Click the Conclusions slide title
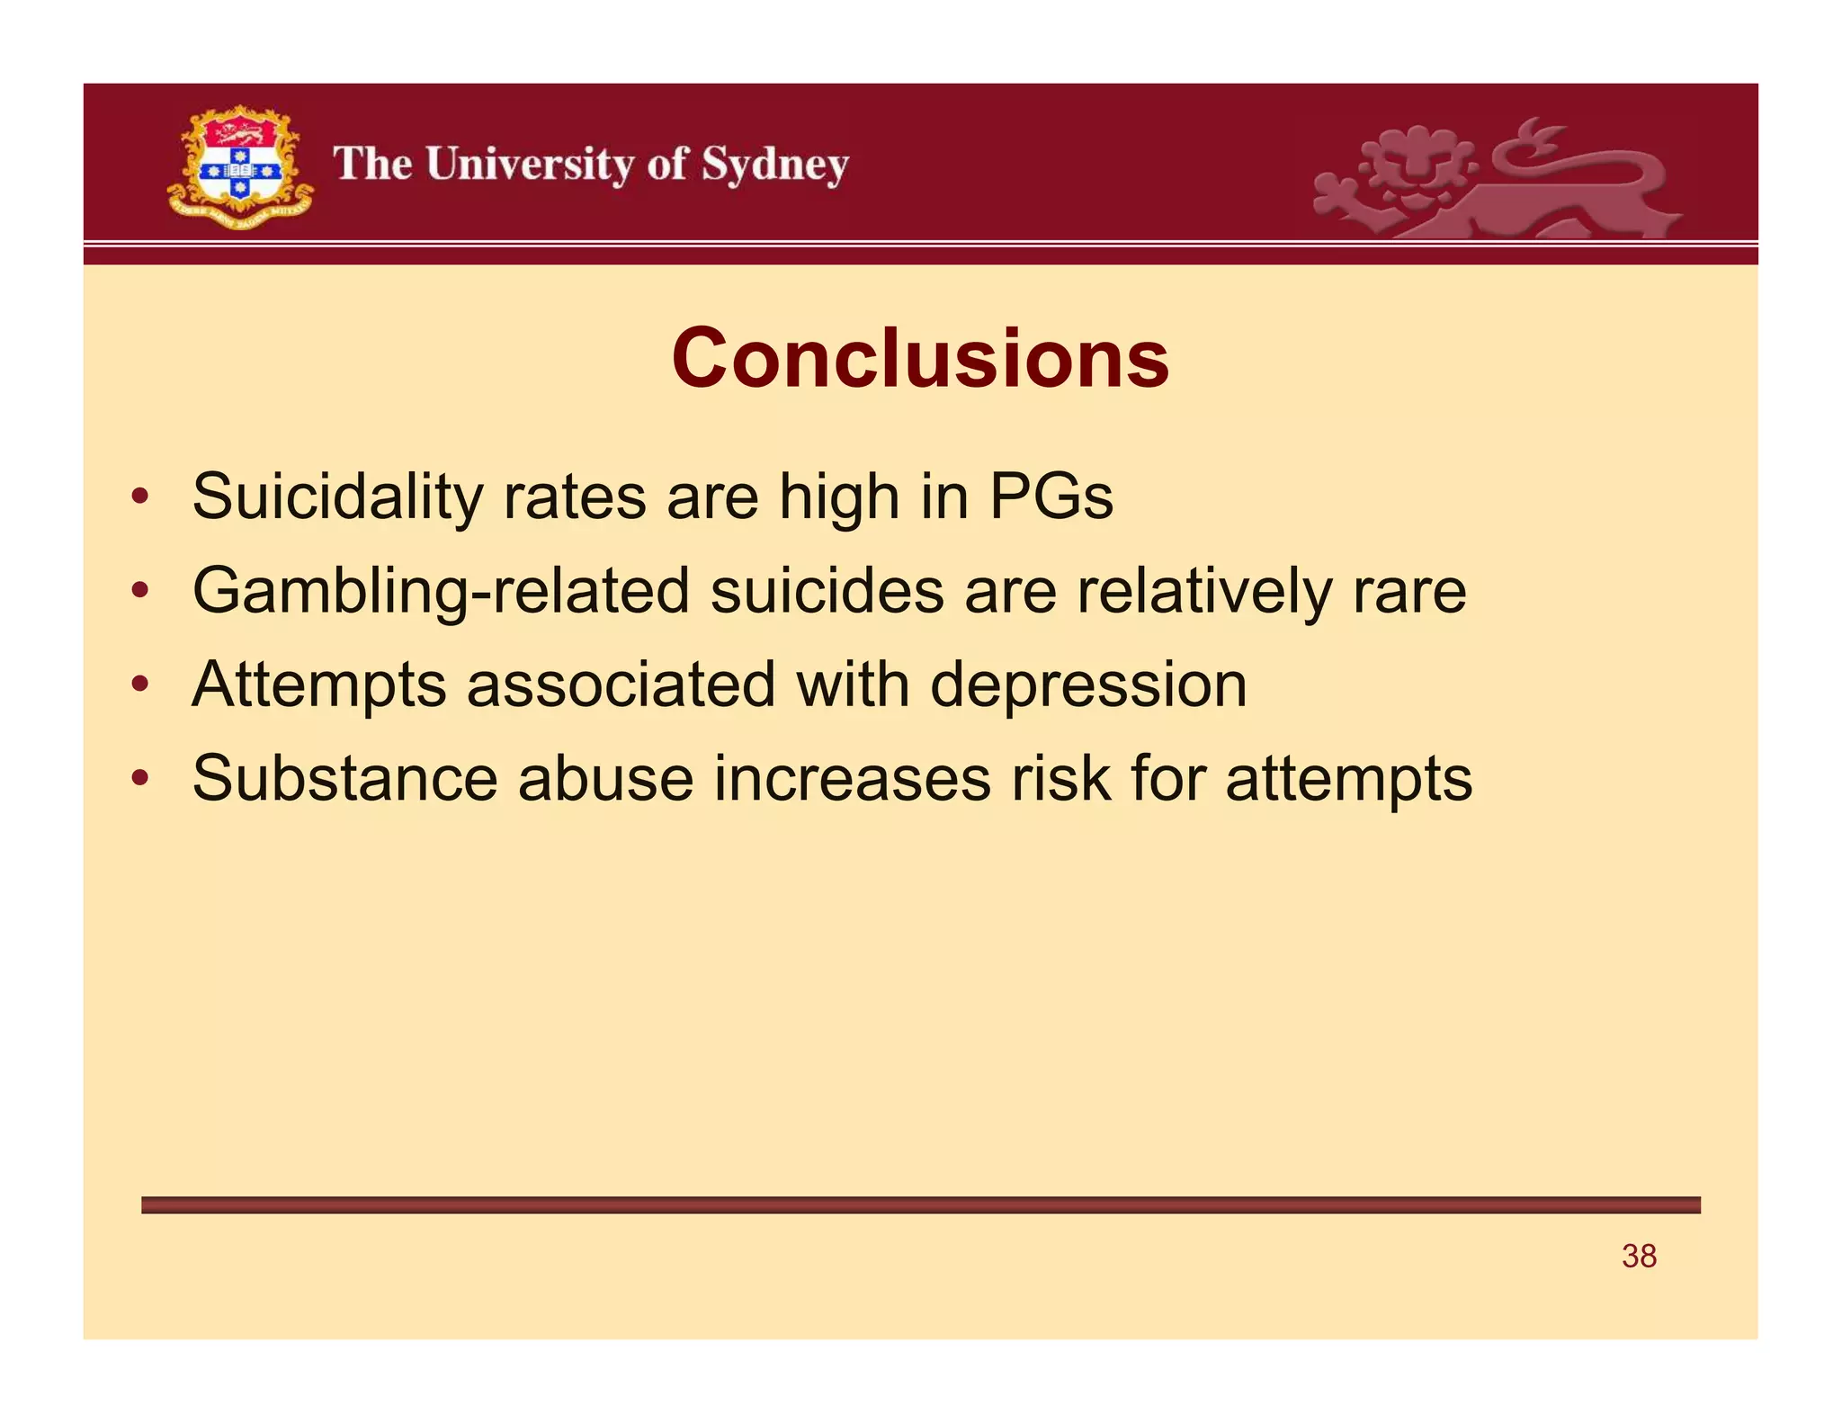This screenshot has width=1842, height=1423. coord(920,358)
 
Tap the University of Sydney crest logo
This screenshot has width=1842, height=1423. coord(240,166)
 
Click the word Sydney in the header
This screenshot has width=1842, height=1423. coord(774,166)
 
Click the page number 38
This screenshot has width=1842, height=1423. coord(1639,1256)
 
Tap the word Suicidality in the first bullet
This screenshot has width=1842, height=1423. coord(337,497)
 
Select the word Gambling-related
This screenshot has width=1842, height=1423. coord(441,592)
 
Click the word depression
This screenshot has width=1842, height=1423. coord(1088,685)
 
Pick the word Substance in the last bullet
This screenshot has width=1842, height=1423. coord(344,779)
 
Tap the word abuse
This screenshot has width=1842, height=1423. coord(605,779)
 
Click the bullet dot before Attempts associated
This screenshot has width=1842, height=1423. coord(139,685)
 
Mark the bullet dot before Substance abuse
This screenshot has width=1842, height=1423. coord(139,779)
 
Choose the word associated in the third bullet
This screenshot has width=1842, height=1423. coord(621,685)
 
